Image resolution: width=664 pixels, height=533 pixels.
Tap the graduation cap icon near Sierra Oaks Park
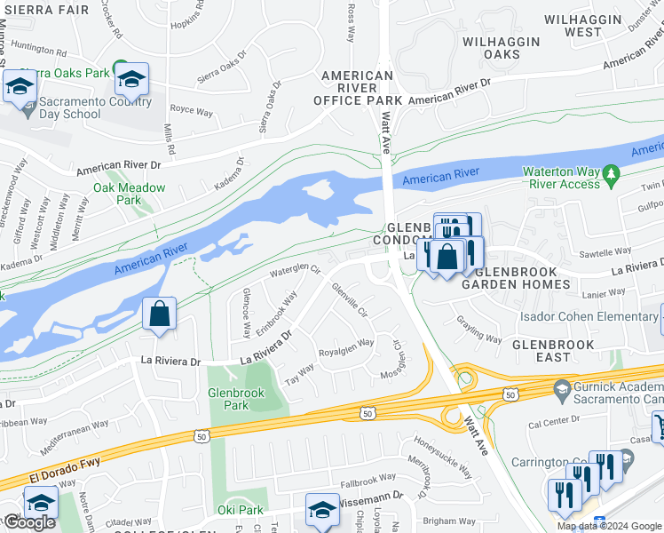[131, 81]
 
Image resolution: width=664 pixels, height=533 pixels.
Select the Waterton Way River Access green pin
[610, 174]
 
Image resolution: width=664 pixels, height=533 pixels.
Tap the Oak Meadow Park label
[129, 194]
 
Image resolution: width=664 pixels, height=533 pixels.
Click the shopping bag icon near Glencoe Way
[159, 314]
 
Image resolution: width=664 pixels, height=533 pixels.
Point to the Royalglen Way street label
[345, 345]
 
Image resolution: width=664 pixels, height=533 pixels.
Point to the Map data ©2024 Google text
[609, 526]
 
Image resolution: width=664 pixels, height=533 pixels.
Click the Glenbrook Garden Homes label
[522, 278]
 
